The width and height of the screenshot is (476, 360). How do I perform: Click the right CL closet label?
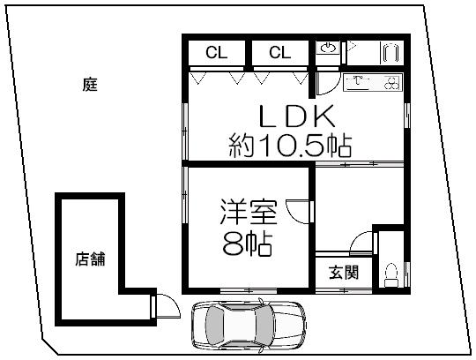point(279,53)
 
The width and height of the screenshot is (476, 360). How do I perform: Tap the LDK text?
point(296,116)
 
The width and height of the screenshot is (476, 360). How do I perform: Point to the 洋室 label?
point(249,214)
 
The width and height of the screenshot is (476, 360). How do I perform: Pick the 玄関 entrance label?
point(344,273)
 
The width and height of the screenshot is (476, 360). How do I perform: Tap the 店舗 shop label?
point(89,259)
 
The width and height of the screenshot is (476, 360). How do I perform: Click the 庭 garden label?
point(90,86)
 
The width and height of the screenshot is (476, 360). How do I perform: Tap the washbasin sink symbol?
point(327,49)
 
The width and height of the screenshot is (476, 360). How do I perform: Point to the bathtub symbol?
point(388,52)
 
